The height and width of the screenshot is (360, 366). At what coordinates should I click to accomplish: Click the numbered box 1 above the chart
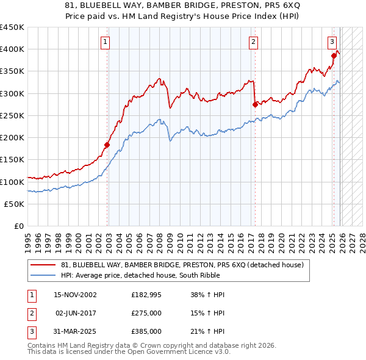(106, 42)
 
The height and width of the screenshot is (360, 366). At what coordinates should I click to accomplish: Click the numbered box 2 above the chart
(253, 42)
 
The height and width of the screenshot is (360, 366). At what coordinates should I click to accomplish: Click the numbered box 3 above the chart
(332, 42)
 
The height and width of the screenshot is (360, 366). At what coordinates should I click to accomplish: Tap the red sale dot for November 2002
(107, 145)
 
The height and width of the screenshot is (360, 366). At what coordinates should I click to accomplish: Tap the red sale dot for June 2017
(254, 104)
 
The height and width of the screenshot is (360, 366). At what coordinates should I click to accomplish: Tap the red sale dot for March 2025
(334, 56)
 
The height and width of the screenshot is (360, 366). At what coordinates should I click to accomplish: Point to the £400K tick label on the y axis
(12, 49)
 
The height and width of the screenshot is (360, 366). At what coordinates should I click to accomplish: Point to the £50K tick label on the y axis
(15, 204)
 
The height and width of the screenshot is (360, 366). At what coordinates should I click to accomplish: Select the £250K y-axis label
(12, 116)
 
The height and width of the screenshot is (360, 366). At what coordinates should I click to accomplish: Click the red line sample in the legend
(43, 265)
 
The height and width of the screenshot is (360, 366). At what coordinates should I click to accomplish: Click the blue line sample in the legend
(43, 275)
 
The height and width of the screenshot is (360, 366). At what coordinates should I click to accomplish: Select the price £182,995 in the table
(146, 295)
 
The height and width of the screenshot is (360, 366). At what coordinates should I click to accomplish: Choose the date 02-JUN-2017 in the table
(76, 313)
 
